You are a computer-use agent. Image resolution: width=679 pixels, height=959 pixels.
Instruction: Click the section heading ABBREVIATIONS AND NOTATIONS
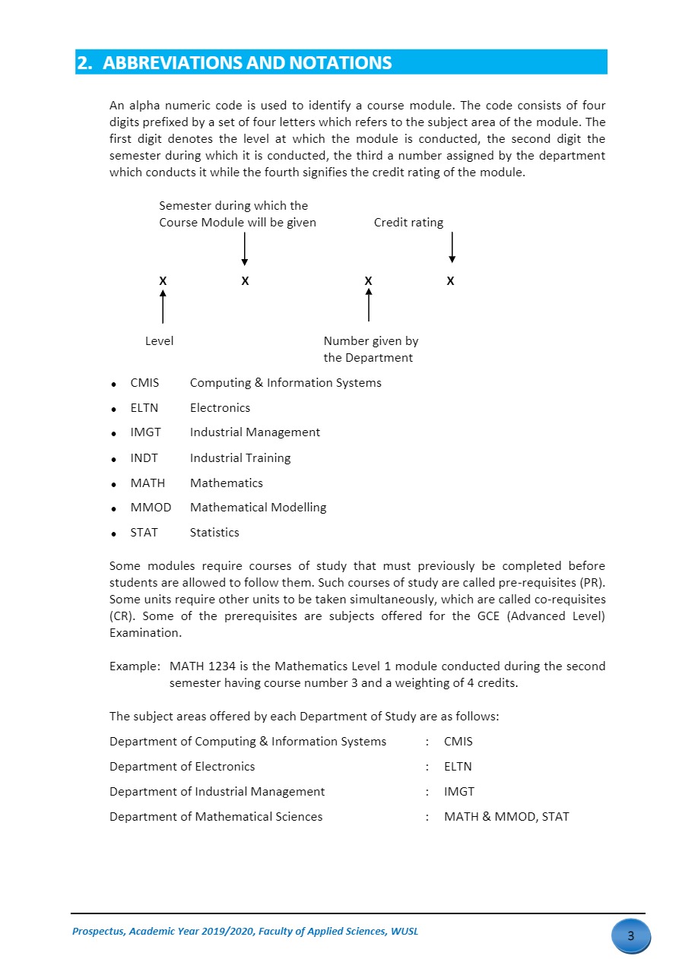click(247, 63)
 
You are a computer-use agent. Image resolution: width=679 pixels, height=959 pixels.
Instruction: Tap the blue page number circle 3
click(630, 936)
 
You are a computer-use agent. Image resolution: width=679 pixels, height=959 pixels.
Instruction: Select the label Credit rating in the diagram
click(408, 223)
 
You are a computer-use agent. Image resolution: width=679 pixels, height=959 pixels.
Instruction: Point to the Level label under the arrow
click(159, 341)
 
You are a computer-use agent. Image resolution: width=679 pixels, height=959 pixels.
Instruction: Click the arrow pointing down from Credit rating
click(452, 248)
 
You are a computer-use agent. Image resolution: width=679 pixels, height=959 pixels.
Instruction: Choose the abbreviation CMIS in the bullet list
click(144, 383)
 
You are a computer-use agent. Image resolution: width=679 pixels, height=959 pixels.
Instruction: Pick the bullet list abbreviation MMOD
click(151, 508)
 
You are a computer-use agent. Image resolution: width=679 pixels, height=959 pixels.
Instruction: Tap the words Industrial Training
click(240, 458)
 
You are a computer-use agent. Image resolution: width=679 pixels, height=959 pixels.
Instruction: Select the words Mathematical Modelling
click(258, 508)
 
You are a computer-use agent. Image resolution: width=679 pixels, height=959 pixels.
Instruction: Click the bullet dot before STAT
click(113, 534)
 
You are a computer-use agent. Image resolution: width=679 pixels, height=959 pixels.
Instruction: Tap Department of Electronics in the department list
click(182, 767)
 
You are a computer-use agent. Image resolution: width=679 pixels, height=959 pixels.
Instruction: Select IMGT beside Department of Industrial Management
click(459, 792)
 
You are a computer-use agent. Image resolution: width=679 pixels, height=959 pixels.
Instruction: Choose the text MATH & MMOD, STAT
click(506, 817)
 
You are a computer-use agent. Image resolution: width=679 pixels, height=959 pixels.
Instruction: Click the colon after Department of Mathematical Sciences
click(427, 817)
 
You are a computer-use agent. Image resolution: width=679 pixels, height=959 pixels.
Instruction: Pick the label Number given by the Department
click(370, 350)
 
